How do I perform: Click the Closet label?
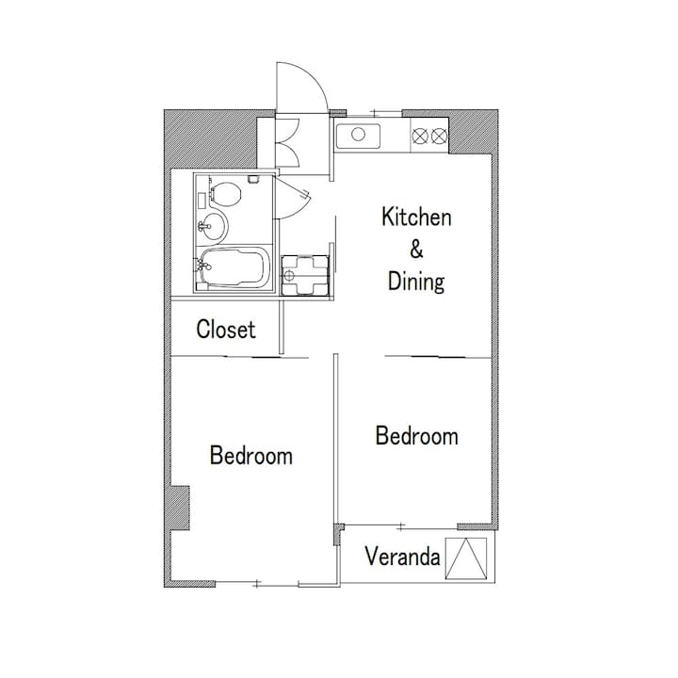coord(226,329)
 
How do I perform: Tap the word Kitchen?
coord(416,218)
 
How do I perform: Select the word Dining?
coord(416,282)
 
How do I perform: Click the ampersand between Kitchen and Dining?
coord(416,249)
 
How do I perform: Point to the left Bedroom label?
coord(251,456)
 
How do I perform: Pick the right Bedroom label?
coord(417,436)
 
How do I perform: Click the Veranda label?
coord(403,557)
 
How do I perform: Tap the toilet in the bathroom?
coord(224,194)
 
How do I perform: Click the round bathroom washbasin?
coord(214,226)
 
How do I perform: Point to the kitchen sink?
coord(358,136)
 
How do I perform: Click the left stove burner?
coord(420,137)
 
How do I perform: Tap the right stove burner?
coord(439,137)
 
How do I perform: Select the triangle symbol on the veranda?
coord(466,558)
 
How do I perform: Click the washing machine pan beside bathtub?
coord(305,275)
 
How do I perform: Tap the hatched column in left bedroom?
coord(180,508)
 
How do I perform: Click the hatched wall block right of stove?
coord(471,133)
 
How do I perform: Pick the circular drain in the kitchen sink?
coord(358,135)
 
